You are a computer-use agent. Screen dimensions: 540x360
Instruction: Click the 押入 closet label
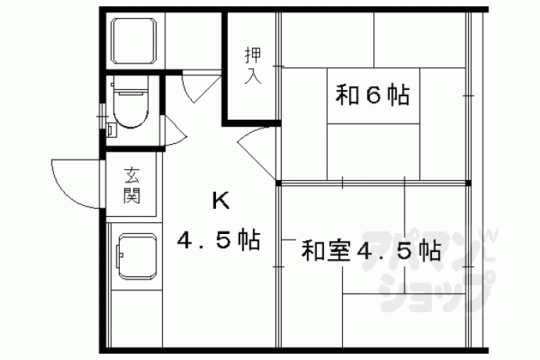click(x=253, y=66)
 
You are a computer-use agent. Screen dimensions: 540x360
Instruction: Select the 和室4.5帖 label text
click(x=371, y=250)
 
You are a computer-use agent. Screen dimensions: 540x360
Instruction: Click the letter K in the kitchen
click(x=221, y=200)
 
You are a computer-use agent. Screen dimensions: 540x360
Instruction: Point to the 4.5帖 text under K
click(x=218, y=239)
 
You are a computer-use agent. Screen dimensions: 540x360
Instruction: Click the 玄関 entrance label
click(x=132, y=185)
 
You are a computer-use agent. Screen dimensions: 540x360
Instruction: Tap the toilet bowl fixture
click(x=131, y=110)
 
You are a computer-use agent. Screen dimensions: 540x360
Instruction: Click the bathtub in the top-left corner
click(x=134, y=41)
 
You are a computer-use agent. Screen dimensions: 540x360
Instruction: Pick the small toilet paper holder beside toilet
click(x=110, y=130)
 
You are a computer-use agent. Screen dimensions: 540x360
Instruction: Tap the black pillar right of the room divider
click(x=468, y=183)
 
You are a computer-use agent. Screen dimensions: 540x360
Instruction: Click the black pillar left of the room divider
click(x=279, y=183)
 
